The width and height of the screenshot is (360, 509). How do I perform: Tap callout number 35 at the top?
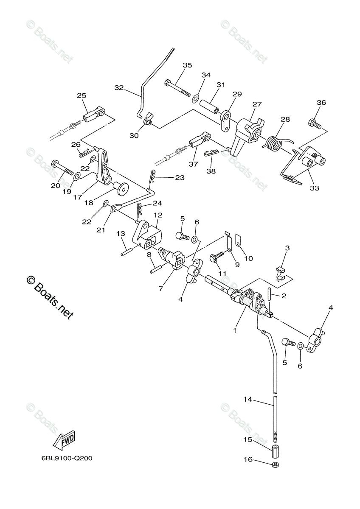[187, 65]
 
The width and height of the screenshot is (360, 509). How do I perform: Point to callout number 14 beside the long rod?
[248, 399]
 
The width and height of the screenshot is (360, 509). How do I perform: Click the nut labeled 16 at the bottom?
[275, 465]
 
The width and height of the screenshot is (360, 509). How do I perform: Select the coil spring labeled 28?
[273, 142]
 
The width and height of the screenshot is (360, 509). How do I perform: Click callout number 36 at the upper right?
[321, 102]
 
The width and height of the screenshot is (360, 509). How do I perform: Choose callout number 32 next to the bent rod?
[119, 88]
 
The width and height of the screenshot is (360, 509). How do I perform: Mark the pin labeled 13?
[126, 249]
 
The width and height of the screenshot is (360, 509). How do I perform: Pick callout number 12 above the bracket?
[158, 215]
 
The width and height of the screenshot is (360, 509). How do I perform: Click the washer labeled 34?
[196, 99]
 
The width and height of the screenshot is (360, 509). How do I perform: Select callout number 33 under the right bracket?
[315, 188]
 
